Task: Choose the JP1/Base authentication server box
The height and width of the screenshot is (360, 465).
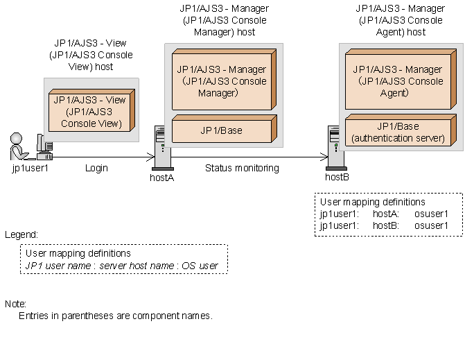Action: click(x=397, y=132)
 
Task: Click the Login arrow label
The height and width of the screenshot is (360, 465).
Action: click(x=96, y=168)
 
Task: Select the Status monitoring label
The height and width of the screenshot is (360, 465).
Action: click(x=242, y=168)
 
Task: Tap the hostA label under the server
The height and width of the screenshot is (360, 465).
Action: click(x=161, y=178)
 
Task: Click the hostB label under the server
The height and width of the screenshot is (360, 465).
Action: click(x=337, y=178)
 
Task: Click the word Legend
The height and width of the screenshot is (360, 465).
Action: click(x=21, y=235)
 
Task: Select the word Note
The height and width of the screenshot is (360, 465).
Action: click(x=15, y=304)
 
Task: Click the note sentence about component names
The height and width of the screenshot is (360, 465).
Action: click(x=115, y=316)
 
